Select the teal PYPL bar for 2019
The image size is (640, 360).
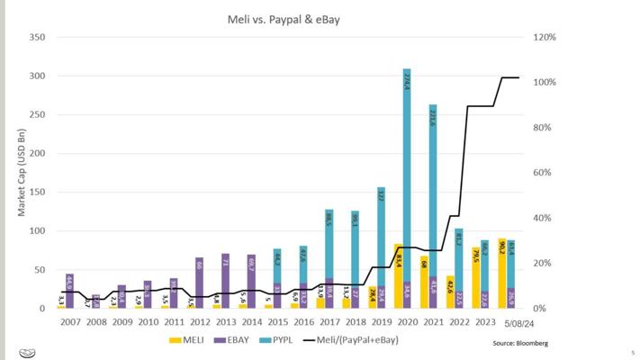382,234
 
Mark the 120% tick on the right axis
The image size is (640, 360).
545,37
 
